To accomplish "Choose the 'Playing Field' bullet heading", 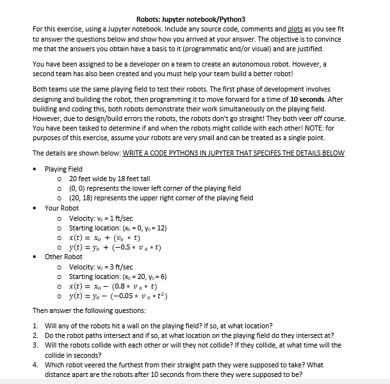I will [x=63, y=170].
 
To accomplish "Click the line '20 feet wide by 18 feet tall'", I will [x=109, y=179].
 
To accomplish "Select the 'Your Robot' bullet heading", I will [x=61, y=208].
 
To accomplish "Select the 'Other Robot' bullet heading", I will [x=63, y=257].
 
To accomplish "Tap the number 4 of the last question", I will [x=35, y=365].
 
